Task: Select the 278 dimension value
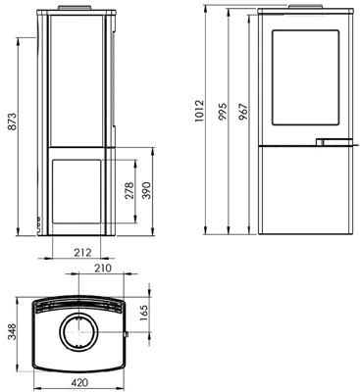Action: click(x=130, y=191)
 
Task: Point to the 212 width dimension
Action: click(x=79, y=252)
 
